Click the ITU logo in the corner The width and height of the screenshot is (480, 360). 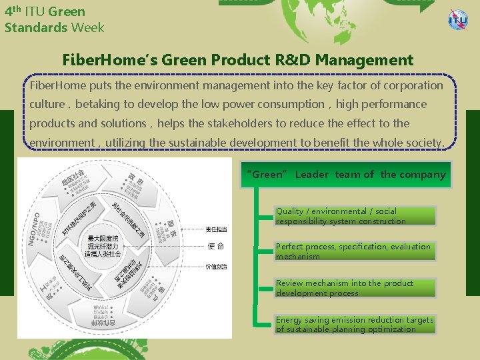click(458, 19)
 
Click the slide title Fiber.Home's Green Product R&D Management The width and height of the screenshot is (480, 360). click(237, 60)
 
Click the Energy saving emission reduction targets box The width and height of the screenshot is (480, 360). click(355, 325)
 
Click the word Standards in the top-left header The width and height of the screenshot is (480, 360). click(36, 27)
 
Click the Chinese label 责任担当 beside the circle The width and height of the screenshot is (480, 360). click(216, 229)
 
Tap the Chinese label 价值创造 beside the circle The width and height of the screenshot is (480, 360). click(216, 266)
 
